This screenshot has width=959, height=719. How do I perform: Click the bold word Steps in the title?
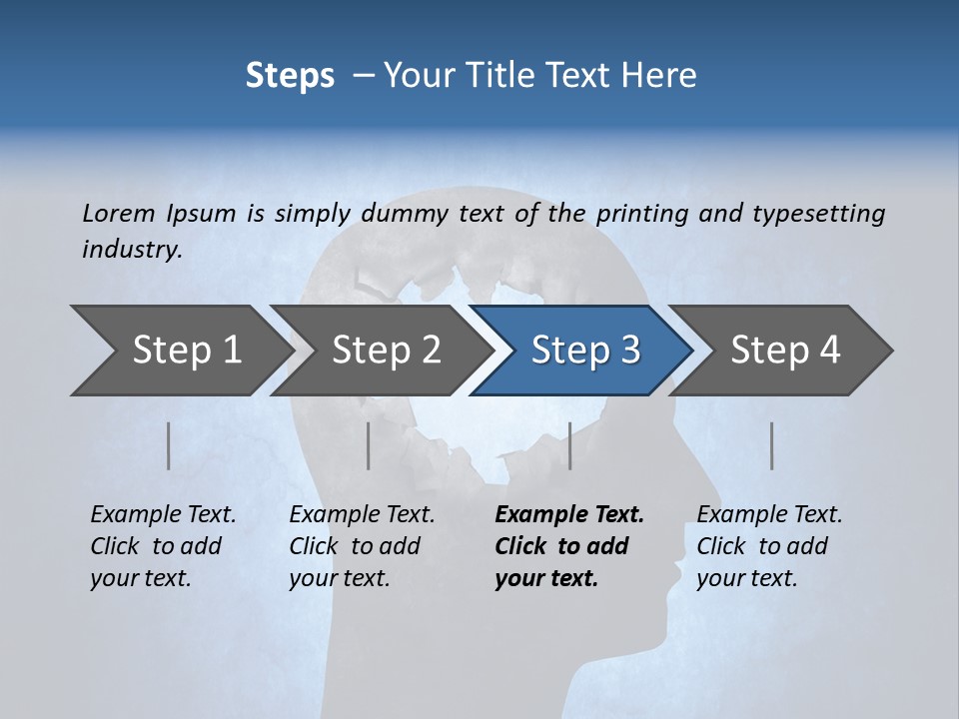pyautogui.click(x=290, y=76)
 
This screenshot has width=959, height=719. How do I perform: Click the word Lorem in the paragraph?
pyautogui.click(x=119, y=213)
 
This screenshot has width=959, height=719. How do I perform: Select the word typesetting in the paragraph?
pyautogui.click(x=819, y=213)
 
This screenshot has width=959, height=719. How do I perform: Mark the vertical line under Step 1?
pyautogui.click(x=169, y=445)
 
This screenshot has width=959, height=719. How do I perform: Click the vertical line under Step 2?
pyautogui.click(x=369, y=445)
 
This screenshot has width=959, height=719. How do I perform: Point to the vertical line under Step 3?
pyautogui.click(x=569, y=445)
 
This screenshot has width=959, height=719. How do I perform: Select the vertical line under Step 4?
pyautogui.click(x=771, y=445)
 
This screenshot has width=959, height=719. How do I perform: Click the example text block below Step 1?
pyautogui.click(x=163, y=546)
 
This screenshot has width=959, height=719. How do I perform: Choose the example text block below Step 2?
pyautogui.click(x=362, y=546)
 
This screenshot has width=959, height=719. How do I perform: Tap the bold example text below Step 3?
pyautogui.click(x=568, y=546)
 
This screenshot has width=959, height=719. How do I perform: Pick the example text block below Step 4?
pyautogui.click(x=769, y=546)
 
